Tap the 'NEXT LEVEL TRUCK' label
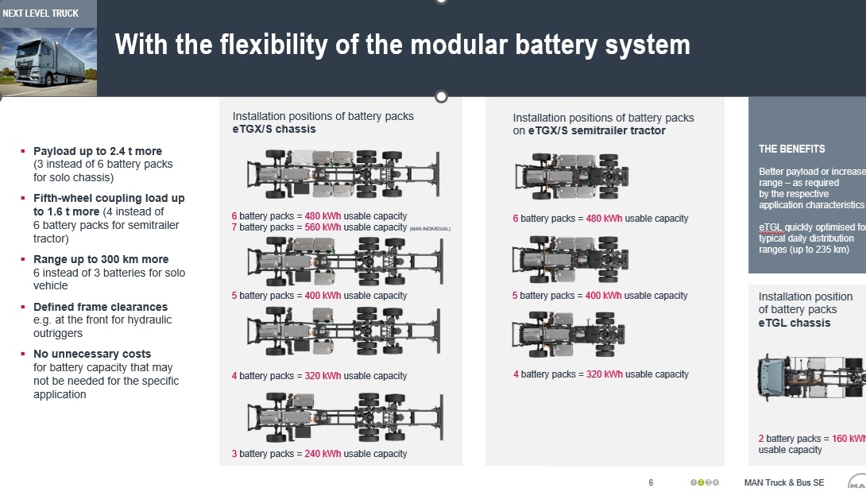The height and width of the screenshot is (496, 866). tap(41, 14)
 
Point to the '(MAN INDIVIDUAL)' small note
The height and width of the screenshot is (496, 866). tap(430, 229)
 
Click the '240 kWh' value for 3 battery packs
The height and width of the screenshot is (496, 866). tap(322, 454)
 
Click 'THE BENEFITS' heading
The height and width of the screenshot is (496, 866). tap(791, 149)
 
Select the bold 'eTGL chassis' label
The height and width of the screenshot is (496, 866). tap(794, 323)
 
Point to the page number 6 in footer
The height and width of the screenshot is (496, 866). tap(651, 482)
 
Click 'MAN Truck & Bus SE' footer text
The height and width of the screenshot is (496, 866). tap(784, 482)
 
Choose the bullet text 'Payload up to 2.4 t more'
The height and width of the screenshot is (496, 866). tap(98, 151)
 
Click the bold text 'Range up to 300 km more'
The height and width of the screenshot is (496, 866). tap(101, 259)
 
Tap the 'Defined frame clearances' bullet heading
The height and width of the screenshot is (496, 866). tap(100, 307)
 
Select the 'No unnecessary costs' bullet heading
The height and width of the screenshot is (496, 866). tap(92, 354)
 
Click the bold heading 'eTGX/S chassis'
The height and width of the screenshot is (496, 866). tap(274, 129)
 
